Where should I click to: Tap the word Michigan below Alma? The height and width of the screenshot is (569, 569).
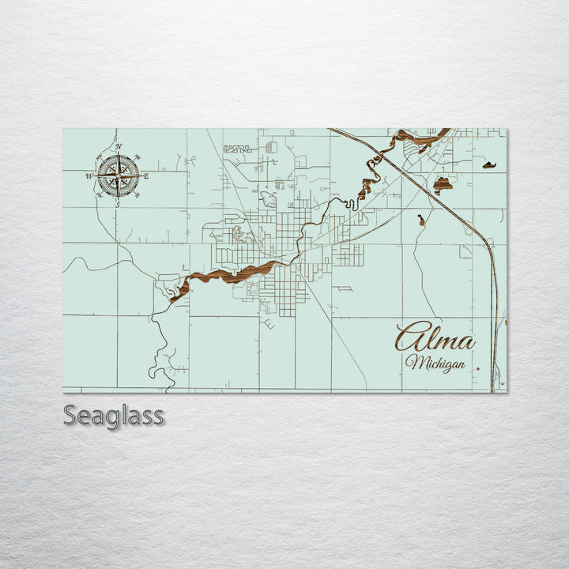click(434, 363)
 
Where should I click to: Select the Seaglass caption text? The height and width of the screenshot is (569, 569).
click(113, 415)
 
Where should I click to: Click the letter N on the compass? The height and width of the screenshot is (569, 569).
click(118, 147)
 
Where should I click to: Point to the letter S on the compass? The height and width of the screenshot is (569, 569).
click(118, 205)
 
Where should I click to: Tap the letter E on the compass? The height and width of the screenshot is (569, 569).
click(146, 175)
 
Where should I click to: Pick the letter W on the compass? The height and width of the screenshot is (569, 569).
click(89, 175)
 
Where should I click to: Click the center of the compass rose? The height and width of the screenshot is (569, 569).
click(118, 175)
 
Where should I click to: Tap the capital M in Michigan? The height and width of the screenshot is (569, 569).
click(413, 362)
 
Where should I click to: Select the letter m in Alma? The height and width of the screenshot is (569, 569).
click(447, 342)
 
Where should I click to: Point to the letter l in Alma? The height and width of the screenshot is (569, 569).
click(431, 337)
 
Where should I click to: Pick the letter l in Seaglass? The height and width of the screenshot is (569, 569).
click(127, 413)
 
